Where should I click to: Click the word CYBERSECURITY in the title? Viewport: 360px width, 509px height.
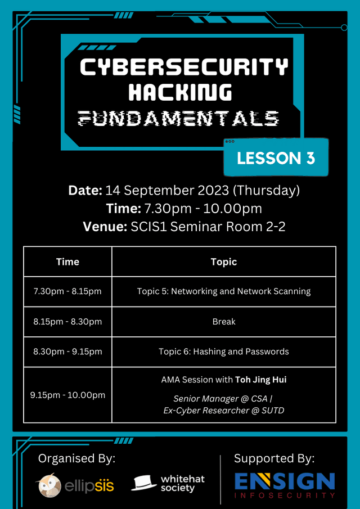pyautogui.click(x=184, y=67)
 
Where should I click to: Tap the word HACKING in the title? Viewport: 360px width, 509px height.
pyautogui.click(x=181, y=92)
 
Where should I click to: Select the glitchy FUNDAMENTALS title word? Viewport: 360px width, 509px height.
pyautogui.click(x=179, y=118)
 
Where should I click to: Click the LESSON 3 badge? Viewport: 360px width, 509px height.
pyautogui.click(x=276, y=158)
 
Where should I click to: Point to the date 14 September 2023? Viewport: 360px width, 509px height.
pyautogui.click(x=167, y=191)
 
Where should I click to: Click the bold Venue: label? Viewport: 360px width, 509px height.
pyautogui.click(x=105, y=227)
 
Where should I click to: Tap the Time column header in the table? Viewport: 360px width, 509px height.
pyautogui.click(x=67, y=262)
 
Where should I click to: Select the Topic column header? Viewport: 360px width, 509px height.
pyautogui.click(x=224, y=262)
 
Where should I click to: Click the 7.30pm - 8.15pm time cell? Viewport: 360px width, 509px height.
pyautogui.click(x=67, y=291)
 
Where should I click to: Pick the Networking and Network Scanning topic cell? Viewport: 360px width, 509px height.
pyautogui.click(x=224, y=291)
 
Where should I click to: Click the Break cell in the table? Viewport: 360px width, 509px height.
pyautogui.click(x=224, y=321)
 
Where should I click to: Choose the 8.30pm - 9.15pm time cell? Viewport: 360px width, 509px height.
pyautogui.click(x=67, y=352)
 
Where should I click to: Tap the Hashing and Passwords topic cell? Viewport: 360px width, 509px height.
pyautogui.click(x=224, y=352)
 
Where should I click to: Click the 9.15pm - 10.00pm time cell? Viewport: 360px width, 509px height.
pyautogui.click(x=67, y=395)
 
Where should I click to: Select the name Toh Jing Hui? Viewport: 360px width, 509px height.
pyautogui.click(x=260, y=380)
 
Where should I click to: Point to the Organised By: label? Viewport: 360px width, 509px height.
pyautogui.click(x=76, y=459)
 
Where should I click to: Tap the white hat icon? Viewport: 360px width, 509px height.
pyautogui.click(x=144, y=483)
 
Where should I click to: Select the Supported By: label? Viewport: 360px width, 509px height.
pyautogui.click(x=274, y=458)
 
